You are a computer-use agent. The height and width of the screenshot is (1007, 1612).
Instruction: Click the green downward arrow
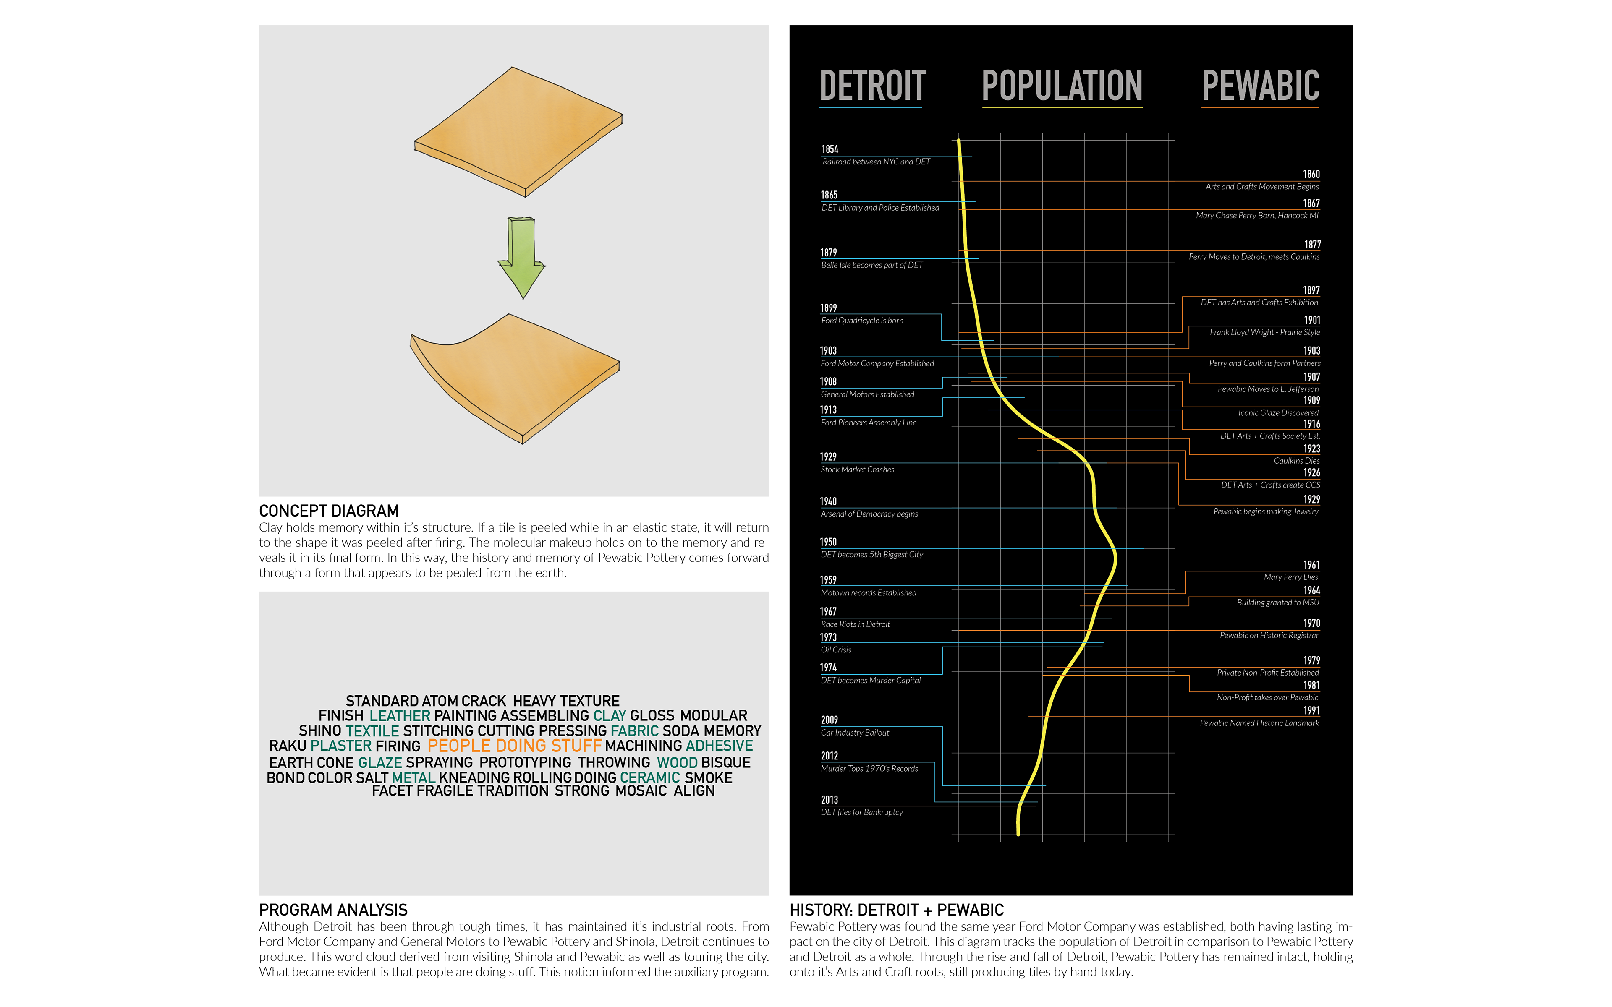coord(521,256)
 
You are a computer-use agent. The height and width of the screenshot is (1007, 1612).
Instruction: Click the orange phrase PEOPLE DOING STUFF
coord(514,746)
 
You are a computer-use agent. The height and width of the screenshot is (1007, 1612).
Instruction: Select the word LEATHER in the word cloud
coord(400,716)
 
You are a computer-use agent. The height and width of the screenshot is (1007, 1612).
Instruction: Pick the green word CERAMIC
coord(649,778)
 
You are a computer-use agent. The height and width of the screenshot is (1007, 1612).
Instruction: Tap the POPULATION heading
coord(1062,86)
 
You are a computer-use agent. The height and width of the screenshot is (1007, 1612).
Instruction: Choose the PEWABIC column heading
coord(1260,86)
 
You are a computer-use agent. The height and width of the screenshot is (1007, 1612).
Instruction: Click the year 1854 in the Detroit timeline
coord(830,149)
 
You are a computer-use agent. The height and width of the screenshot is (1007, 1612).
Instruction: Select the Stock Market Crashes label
coord(857,470)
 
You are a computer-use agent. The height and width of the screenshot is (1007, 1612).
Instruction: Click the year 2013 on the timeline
coord(830,800)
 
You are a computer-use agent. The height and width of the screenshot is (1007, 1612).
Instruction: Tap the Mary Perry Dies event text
coord(1290,577)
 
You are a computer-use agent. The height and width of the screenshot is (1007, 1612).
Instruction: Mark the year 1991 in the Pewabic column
coord(1311,711)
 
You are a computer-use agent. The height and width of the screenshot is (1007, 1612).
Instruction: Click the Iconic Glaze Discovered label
coord(1277,413)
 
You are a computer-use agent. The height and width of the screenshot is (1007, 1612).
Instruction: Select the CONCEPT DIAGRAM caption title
coord(328,511)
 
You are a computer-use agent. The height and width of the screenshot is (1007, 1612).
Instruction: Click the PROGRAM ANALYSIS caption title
coord(333,910)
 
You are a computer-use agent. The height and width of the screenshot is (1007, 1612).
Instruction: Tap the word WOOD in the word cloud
coord(677,762)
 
